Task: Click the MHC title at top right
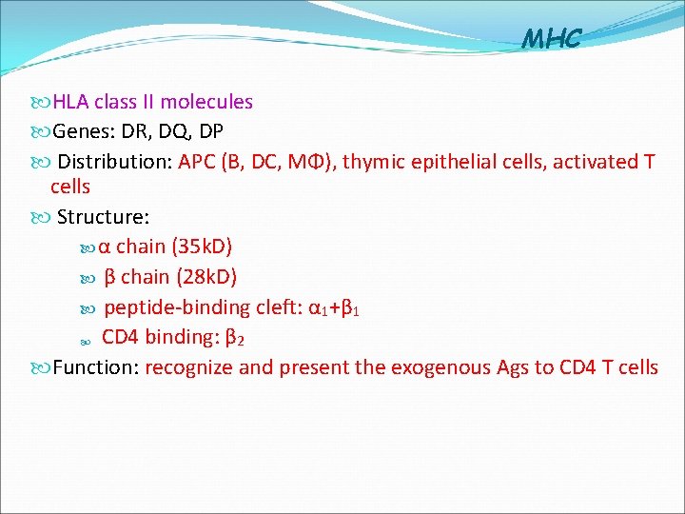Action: coord(551,38)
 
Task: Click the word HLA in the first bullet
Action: coord(70,102)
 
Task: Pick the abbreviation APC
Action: coord(197,161)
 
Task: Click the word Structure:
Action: coord(103,217)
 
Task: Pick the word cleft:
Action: coord(280,307)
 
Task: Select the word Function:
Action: coord(96,367)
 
